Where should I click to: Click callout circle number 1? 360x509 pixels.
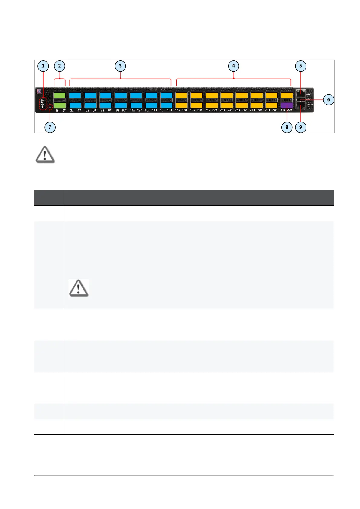click(x=43, y=66)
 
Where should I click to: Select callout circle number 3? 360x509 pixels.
click(x=120, y=66)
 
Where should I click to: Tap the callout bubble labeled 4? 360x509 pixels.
click(x=233, y=66)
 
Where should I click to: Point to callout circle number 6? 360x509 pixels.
click(x=329, y=99)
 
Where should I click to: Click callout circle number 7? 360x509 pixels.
click(x=50, y=127)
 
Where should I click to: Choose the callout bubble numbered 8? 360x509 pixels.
click(x=287, y=127)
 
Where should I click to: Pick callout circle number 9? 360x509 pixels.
click(x=300, y=127)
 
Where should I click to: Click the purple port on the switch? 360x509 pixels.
click(x=287, y=105)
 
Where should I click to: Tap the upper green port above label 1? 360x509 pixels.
click(x=60, y=95)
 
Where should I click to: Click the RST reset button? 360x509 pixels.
click(x=50, y=107)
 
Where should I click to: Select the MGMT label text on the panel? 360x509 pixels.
click(x=309, y=94)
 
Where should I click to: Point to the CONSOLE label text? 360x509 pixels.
click(x=310, y=104)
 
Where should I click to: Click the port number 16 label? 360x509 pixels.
click(x=169, y=110)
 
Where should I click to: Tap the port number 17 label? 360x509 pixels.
click(x=177, y=110)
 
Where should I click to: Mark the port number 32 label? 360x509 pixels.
click(x=289, y=110)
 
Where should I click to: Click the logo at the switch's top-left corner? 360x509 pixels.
click(x=39, y=91)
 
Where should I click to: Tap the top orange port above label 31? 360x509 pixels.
click(x=287, y=95)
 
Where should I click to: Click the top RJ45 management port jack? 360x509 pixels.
click(x=301, y=93)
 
